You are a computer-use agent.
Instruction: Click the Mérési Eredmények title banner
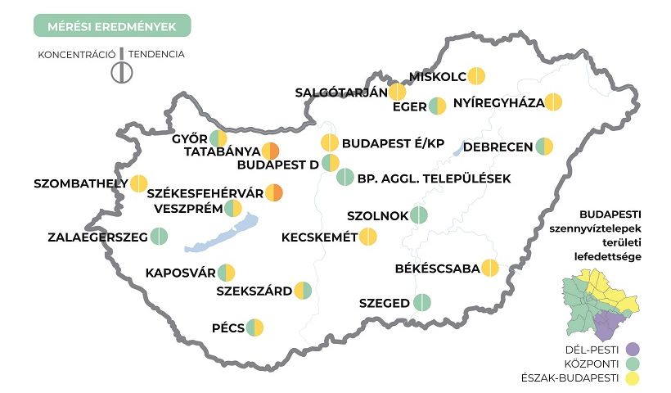[x=112, y=26]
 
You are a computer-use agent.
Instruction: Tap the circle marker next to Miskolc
[x=477, y=76]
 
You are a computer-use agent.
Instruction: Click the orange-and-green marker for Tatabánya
[x=271, y=151]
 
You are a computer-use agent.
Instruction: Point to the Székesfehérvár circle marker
[x=274, y=193]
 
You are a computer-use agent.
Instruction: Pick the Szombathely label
[x=80, y=183]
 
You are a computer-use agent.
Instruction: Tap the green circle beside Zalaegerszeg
[x=159, y=237]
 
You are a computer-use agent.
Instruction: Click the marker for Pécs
[x=255, y=327]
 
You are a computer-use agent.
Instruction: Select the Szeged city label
[x=385, y=303]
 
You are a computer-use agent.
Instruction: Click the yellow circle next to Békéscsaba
[x=490, y=268]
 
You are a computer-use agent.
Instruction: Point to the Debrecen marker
[x=544, y=147]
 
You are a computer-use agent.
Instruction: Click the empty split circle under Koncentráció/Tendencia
[x=121, y=72]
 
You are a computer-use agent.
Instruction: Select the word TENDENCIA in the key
[x=155, y=55]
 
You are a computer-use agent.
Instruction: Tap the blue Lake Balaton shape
[x=221, y=236]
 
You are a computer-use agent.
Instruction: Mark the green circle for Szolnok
[x=419, y=215]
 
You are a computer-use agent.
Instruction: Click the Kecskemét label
[x=319, y=237]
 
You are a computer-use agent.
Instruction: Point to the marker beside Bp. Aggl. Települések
[x=345, y=177]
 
